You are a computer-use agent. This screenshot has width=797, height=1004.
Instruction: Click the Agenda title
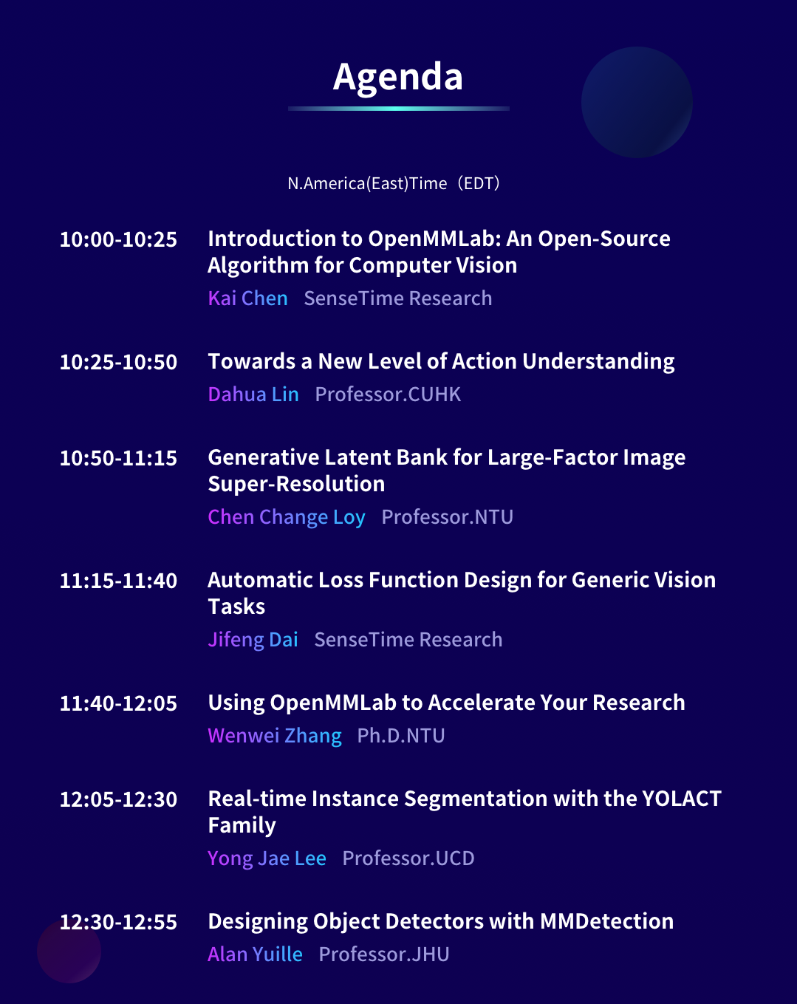398,78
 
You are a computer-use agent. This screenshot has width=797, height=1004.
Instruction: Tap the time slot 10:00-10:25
118,240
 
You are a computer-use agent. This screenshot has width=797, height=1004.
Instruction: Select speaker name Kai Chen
247,298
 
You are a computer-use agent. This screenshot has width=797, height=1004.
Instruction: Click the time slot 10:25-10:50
118,363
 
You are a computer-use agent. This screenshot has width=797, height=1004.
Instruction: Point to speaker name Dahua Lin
253,395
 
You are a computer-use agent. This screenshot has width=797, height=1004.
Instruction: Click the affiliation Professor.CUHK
388,395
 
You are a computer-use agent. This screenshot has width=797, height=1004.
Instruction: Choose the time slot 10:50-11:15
118,459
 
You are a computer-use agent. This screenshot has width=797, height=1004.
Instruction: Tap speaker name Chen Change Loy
287,518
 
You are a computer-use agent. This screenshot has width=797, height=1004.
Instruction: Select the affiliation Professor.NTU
448,517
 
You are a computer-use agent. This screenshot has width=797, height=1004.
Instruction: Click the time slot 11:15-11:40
118,581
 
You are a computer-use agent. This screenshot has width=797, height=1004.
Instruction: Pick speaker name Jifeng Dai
253,640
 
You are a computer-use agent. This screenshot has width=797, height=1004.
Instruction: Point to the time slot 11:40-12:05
118,704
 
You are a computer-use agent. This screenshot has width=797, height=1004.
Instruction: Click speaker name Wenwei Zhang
275,737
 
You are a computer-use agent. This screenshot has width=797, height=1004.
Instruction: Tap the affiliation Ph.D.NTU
401,737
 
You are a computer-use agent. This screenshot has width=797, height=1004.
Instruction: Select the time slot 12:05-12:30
118,800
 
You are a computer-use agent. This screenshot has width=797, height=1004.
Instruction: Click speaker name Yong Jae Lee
267,859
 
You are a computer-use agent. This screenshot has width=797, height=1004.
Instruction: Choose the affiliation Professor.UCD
408,859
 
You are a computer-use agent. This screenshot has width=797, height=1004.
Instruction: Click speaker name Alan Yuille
256,955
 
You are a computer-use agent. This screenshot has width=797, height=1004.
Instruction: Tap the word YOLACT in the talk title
682,799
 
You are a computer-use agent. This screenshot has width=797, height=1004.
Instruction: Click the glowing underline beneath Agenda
399,109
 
